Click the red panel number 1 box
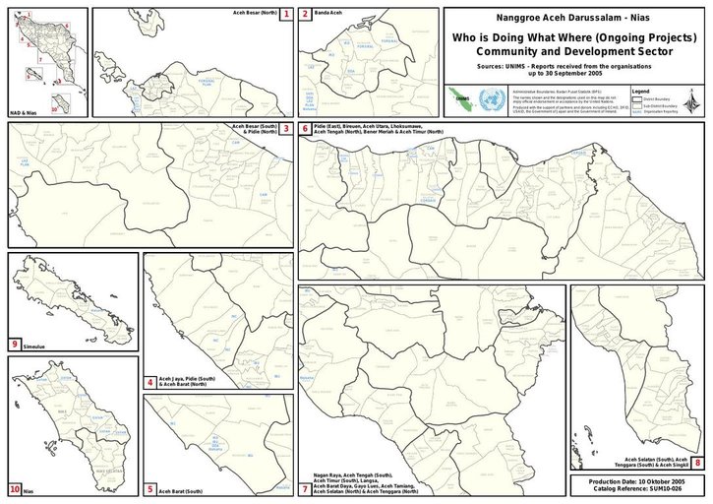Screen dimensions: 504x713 point(286,15)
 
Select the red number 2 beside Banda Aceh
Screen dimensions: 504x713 point(306,15)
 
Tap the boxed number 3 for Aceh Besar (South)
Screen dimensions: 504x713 point(286,129)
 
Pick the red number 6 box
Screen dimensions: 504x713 point(306,129)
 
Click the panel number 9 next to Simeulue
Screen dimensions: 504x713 point(15,344)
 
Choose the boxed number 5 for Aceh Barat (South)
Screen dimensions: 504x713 point(149,488)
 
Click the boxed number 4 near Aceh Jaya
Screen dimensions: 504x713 point(149,382)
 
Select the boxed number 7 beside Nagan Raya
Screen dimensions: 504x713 point(306,488)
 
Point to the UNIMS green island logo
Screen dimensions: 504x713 point(458,99)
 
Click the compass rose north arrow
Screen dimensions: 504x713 point(694,101)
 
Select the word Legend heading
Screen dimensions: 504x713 point(640,92)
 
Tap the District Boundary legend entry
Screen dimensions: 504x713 point(661,100)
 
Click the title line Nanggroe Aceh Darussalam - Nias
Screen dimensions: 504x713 point(574,19)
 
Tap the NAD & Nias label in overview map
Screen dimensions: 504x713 point(24,114)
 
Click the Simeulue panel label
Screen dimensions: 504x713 point(37,345)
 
